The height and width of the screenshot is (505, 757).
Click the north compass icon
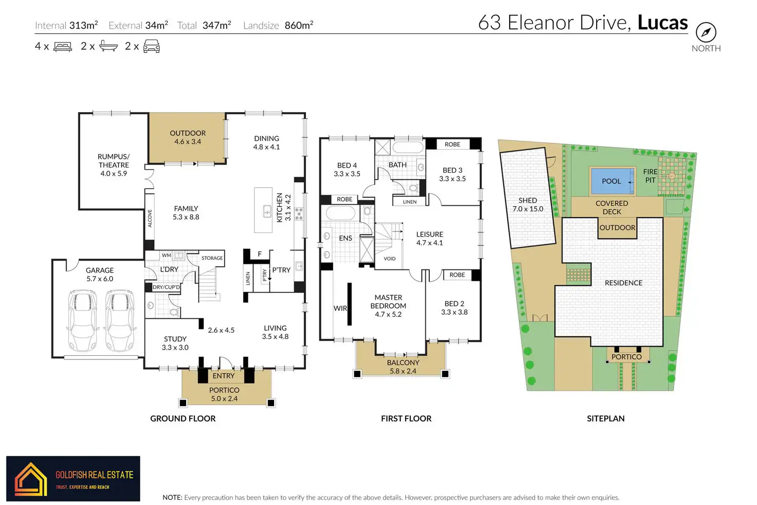(x=706, y=32)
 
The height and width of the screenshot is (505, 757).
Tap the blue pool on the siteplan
(x=612, y=181)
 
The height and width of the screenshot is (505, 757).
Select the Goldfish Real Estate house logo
(x=30, y=479)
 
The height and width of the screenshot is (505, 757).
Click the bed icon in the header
(x=63, y=46)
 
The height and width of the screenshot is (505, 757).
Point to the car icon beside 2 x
(x=151, y=46)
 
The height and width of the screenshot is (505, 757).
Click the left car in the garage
(x=82, y=320)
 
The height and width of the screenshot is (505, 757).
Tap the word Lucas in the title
(x=662, y=22)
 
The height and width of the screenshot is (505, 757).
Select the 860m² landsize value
(x=299, y=25)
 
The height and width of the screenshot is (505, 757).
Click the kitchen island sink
(x=267, y=212)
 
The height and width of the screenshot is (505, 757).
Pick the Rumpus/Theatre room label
(x=114, y=165)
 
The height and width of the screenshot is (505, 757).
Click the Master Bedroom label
(x=388, y=305)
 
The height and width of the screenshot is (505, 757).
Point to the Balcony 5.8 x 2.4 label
(x=403, y=367)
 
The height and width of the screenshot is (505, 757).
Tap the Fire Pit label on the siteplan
(x=650, y=176)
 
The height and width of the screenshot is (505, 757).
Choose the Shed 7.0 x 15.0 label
(x=528, y=205)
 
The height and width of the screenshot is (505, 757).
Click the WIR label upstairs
(x=340, y=308)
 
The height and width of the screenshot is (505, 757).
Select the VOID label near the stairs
(x=389, y=259)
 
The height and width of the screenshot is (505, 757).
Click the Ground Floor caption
(x=183, y=419)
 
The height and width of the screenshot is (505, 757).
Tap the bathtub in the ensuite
(x=340, y=213)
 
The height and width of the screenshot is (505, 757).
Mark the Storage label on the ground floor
(x=212, y=258)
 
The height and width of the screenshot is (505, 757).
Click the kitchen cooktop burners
(x=299, y=214)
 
